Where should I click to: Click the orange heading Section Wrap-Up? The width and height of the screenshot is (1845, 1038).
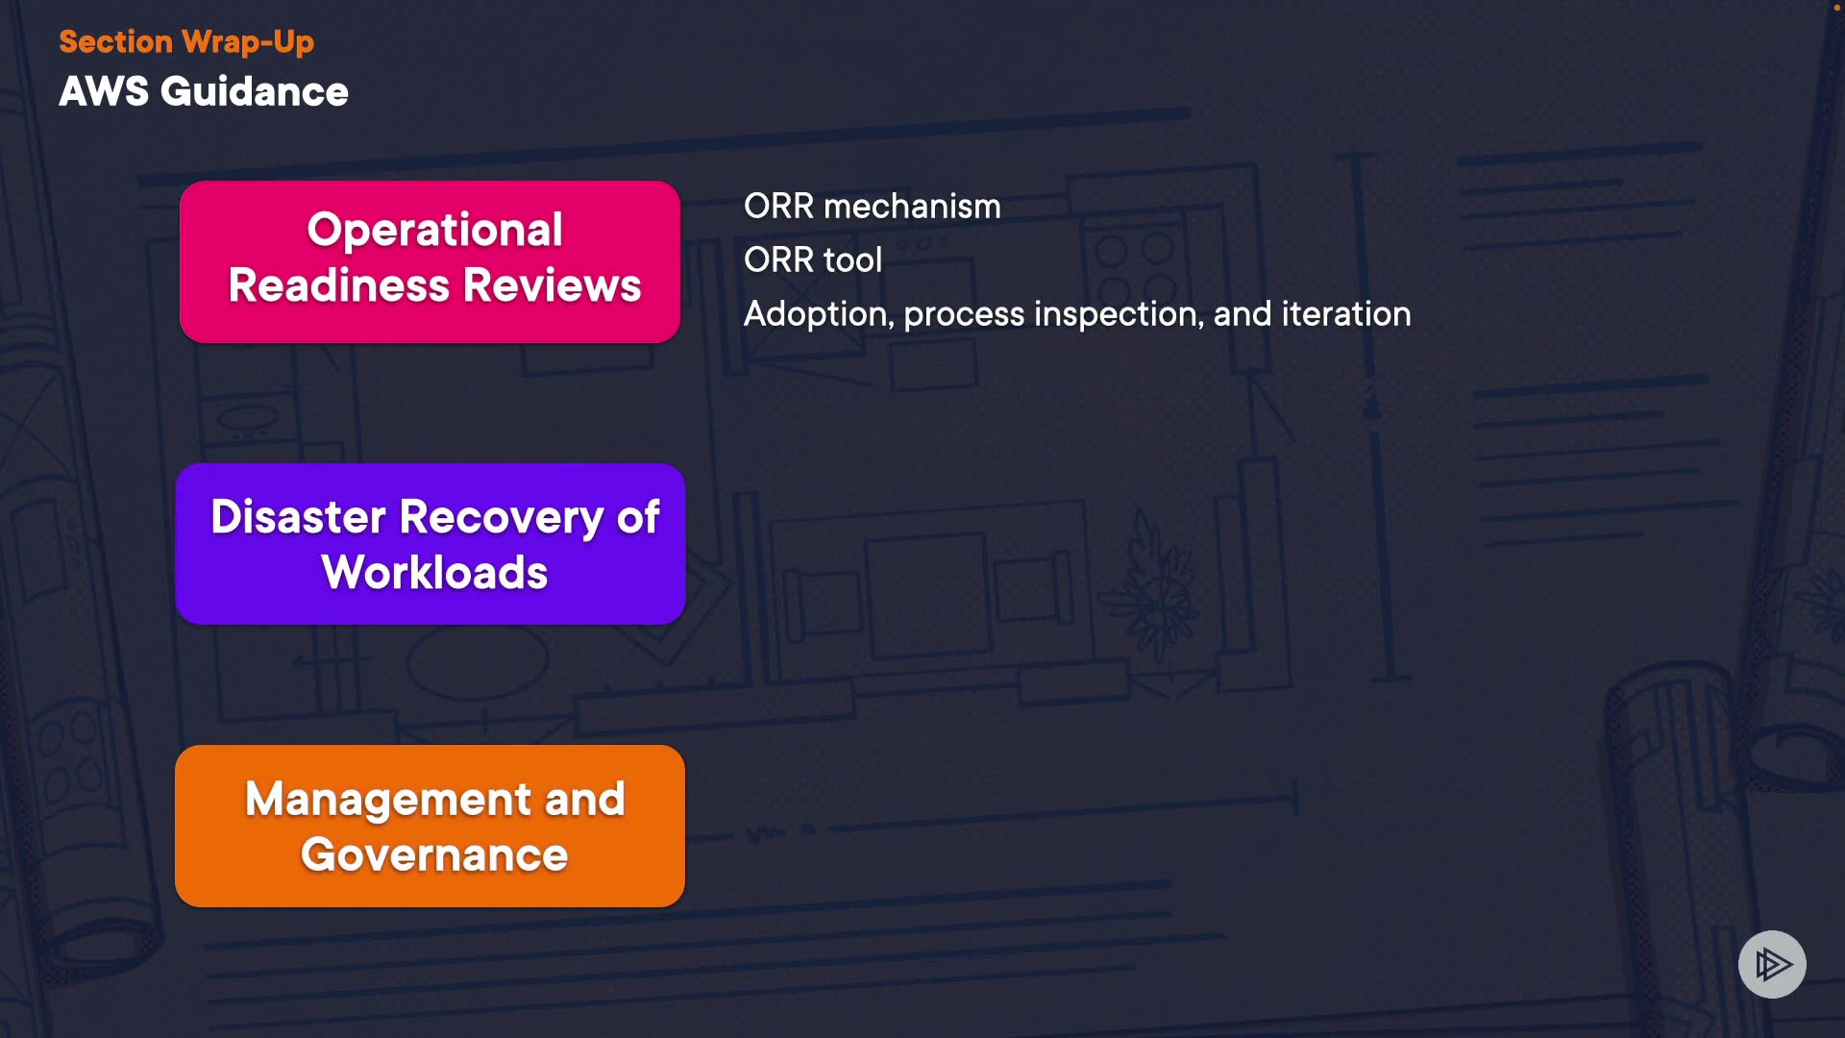point(186,42)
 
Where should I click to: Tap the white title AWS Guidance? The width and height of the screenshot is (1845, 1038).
point(204,92)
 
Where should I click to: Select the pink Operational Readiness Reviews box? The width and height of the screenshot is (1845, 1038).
point(430,261)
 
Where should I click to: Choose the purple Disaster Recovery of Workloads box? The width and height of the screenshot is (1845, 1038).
point(430,544)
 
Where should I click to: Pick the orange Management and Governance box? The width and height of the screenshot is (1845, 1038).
point(430,826)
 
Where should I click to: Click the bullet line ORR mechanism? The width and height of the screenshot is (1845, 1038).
point(872,207)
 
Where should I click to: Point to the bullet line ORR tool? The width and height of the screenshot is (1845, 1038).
point(812,260)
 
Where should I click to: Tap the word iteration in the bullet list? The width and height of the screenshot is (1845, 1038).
point(1345,314)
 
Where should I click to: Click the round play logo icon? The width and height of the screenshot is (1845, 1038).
point(1772,964)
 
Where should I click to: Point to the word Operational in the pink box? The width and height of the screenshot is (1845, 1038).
point(434,230)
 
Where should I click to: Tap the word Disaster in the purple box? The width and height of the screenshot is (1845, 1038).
point(298,517)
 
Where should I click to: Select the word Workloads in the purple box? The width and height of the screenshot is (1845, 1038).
point(434,573)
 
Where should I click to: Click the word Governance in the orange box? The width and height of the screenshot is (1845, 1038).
point(434,855)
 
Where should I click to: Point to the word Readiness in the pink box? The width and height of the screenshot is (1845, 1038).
point(338,286)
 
